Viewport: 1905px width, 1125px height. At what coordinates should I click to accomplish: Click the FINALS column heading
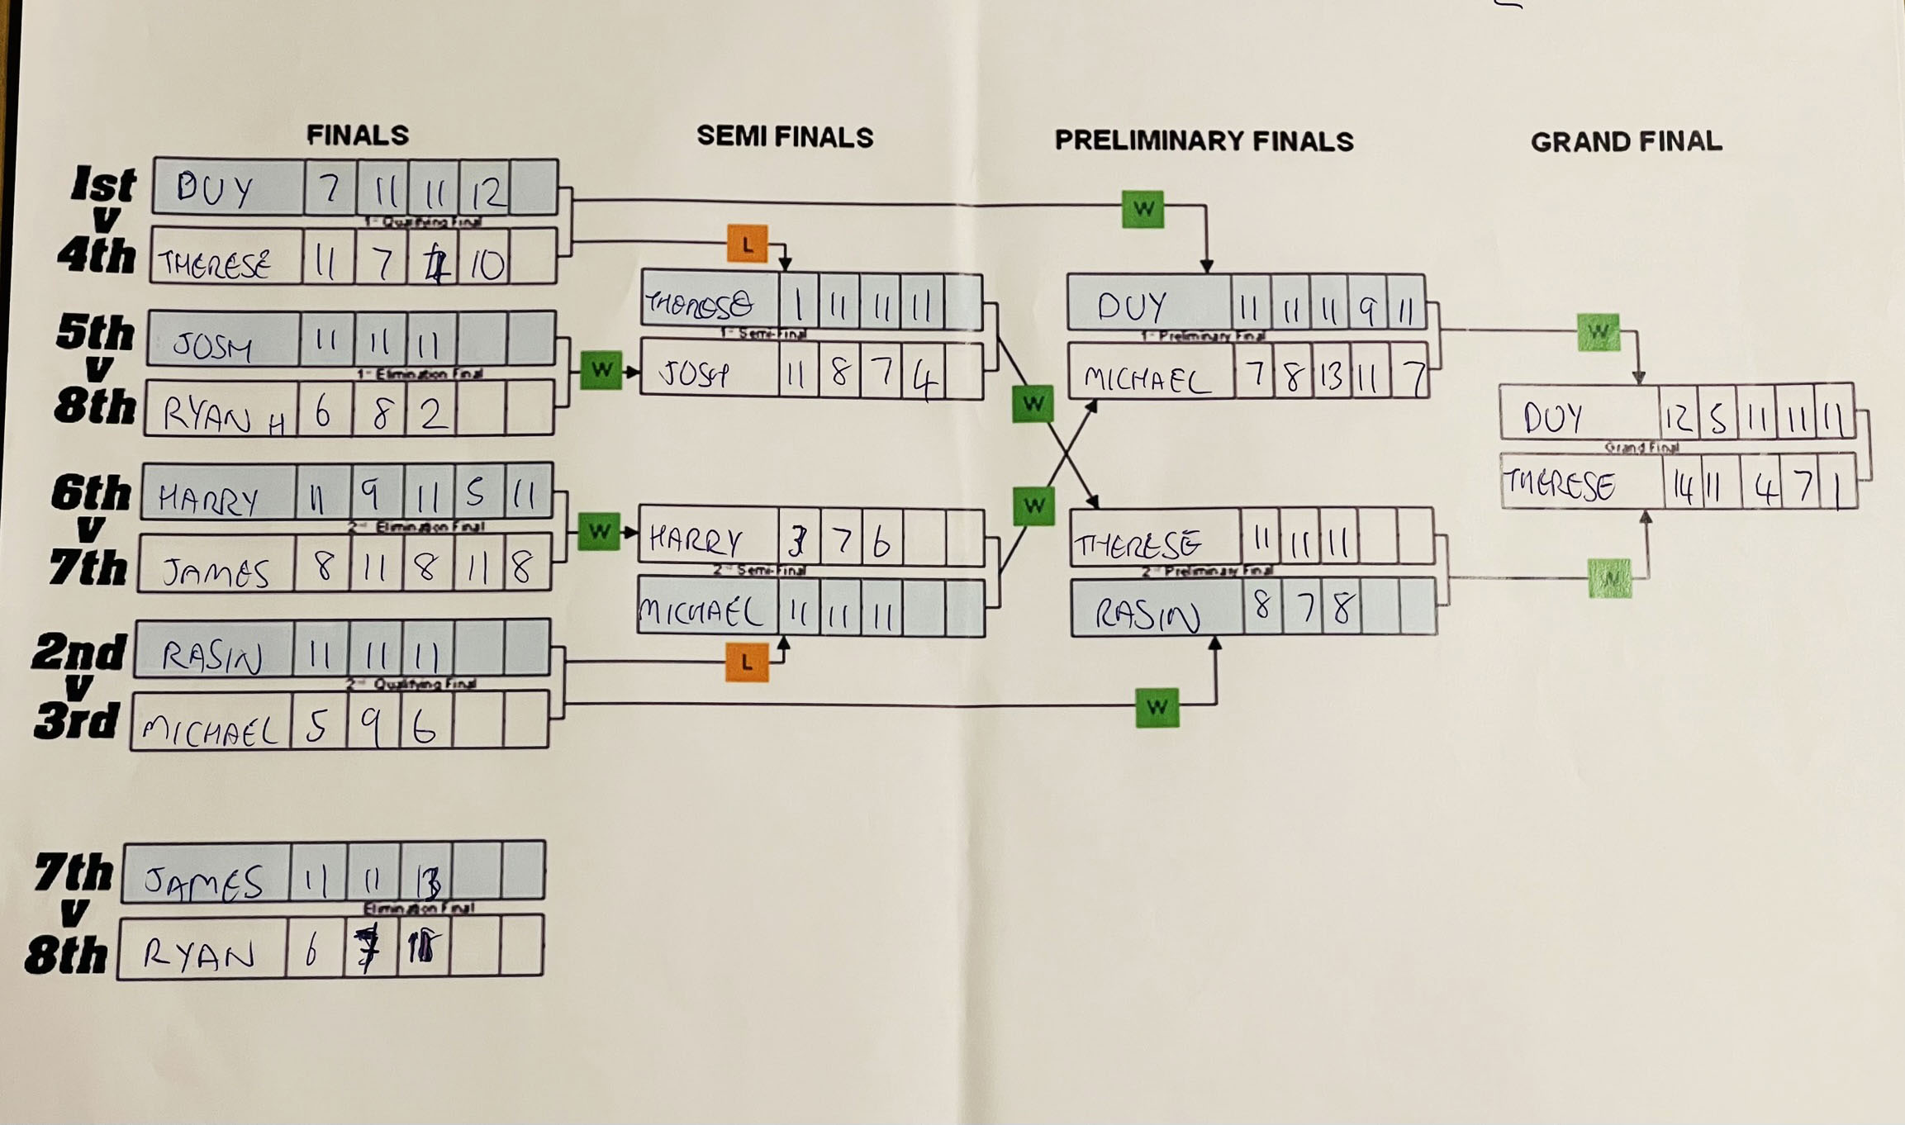(x=357, y=135)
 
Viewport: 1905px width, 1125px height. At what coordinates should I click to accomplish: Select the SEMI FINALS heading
(x=784, y=137)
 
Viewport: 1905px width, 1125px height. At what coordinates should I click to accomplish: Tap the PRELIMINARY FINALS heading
(x=1204, y=141)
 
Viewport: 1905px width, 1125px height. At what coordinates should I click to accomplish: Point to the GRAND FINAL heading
(x=1626, y=142)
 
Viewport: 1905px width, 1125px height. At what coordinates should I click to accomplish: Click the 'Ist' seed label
(x=102, y=183)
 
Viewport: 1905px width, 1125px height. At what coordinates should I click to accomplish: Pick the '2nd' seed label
(x=79, y=653)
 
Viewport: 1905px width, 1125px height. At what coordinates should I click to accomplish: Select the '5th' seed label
(x=95, y=333)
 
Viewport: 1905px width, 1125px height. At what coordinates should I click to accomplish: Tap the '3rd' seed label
(x=77, y=720)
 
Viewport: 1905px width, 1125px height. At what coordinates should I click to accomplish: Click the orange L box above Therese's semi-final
(x=747, y=244)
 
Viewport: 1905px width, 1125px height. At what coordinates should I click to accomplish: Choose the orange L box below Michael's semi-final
(x=747, y=662)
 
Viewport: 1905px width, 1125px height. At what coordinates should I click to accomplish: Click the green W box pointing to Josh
(x=601, y=370)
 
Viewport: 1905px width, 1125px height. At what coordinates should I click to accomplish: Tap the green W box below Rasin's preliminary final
(x=1157, y=707)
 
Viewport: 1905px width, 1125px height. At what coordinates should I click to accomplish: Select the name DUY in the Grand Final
(x=1552, y=418)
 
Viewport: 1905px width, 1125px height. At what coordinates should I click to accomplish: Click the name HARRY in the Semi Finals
(x=696, y=541)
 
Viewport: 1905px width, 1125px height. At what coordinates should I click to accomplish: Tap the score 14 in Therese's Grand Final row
(x=1681, y=487)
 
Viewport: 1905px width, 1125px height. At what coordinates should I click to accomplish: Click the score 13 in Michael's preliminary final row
(x=1330, y=377)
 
